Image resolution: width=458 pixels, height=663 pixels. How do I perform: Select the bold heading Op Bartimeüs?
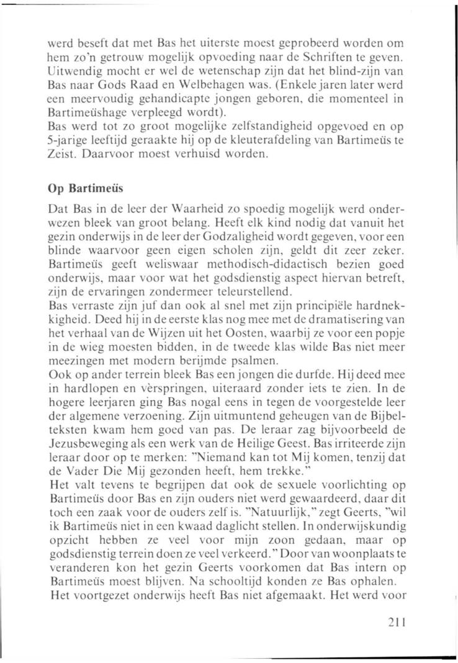[x=80, y=188]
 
